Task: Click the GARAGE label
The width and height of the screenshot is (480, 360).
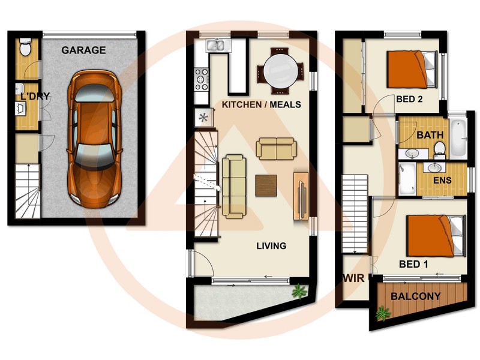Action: [83, 50]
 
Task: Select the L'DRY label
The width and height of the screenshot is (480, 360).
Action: [34, 97]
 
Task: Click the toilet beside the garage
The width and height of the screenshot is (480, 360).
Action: [25, 47]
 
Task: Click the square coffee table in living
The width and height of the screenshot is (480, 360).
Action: [266, 185]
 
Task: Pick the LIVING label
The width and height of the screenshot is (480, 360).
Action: [271, 245]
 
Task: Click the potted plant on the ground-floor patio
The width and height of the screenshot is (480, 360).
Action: [298, 292]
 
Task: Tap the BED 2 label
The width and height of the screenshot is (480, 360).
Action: [410, 99]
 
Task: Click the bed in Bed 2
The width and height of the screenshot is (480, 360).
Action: [412, 68]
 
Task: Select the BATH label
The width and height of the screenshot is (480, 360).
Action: [430, 135]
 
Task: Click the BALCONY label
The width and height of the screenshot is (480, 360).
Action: [416, 296]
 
